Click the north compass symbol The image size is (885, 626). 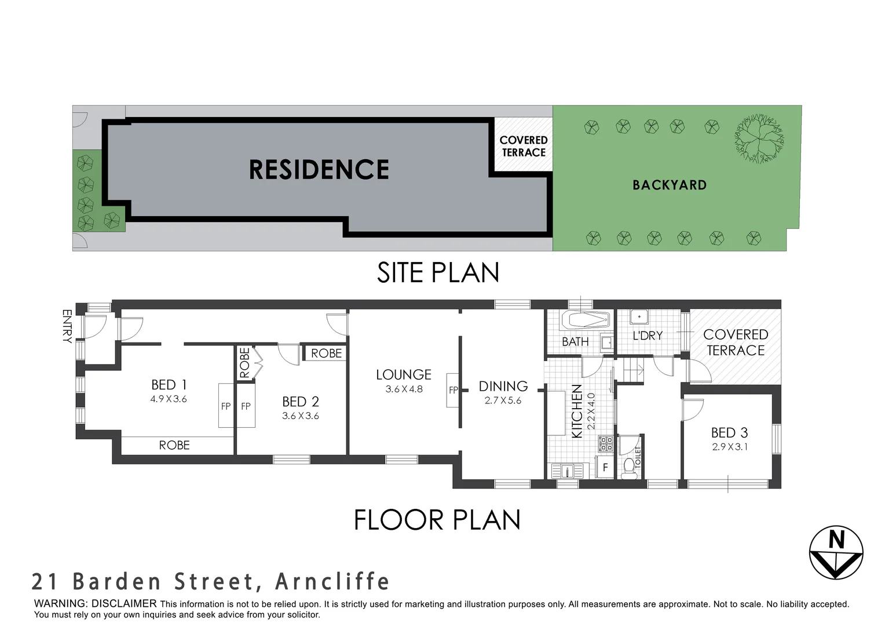tap(836, 552)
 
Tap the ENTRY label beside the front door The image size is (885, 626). tap(67, 326)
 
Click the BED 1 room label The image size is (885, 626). tap(169, 385)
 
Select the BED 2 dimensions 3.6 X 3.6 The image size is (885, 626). tap(301, 416)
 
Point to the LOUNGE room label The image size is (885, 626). tap(404, 374)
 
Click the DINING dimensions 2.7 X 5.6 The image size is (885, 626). tap(503, 400)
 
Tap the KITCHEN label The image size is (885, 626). tap(577, 412)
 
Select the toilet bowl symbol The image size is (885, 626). tap(628, 467)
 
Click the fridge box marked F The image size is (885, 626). tap(605, 467)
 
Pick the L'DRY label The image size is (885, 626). tap(648, 336)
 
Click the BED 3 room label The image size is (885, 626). tap(729, 432)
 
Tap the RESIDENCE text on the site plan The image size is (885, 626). tap(319, 170)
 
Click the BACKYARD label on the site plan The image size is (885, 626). tap(670, 185)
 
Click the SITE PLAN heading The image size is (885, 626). tap(438, 272)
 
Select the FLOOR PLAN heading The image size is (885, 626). tap(437, 520)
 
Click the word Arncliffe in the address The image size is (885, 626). tap(332, 581)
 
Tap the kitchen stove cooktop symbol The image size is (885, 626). tap(606, 445)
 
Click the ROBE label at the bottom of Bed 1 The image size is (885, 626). tap(174, 445)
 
